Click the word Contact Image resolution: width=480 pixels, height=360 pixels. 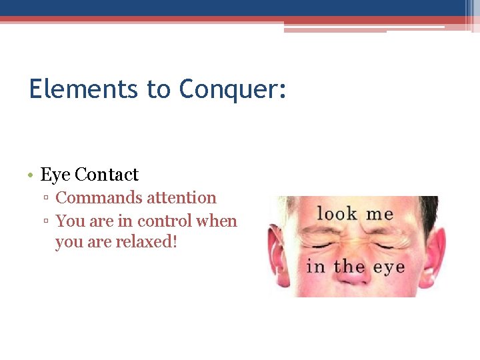[x=107, y=175]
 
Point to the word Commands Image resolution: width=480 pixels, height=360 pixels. [x=99, y=198]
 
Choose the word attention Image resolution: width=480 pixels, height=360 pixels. [x=181, y=198]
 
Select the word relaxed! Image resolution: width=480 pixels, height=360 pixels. [x=147, y=241]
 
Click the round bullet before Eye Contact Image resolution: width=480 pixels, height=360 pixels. [x=32, y=175]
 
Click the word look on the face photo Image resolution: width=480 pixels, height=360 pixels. [x=337, y=214]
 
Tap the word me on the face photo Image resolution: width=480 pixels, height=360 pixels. [x=379, y=215]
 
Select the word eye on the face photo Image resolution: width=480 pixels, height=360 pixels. [x=389, y=268]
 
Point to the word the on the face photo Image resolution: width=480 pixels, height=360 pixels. [x=349, y=267]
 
